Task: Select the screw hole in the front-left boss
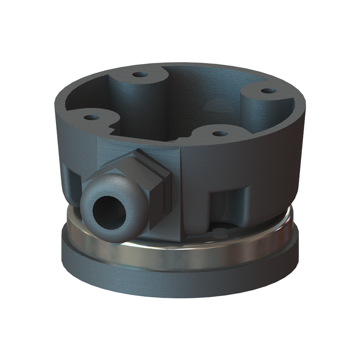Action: click(x=92, y=117)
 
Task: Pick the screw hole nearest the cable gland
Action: click(x=219, y=134)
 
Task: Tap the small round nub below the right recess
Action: click(x=220, y=232)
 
